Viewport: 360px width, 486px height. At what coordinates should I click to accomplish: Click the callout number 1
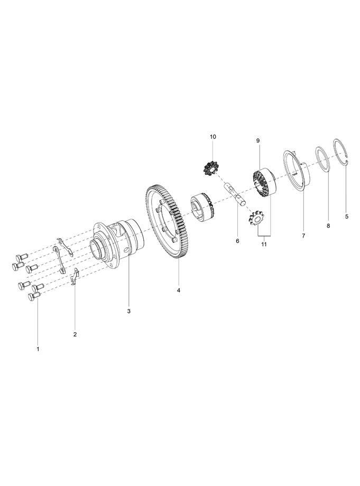click(x=38, y=349)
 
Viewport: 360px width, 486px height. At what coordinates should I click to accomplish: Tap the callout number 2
click(x=75, y=334)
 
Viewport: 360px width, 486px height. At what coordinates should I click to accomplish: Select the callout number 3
click(x=128, y=311)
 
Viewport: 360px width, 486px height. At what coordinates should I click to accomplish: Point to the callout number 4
click(x=178, y=291)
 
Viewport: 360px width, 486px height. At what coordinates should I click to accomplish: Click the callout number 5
click(x=347, y=217)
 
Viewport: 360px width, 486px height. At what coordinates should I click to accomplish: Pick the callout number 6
click(x=237, y=241)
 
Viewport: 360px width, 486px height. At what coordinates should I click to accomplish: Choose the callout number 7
click(x=303, y=236)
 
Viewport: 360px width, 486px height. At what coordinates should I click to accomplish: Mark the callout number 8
click(x=328, y=226)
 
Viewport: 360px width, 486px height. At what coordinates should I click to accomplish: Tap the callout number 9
click(x=258, y=141)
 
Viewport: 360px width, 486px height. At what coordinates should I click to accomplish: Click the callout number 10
click(x=213, y=137)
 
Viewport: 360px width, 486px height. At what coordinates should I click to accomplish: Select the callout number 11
click(x=264, y=244)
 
